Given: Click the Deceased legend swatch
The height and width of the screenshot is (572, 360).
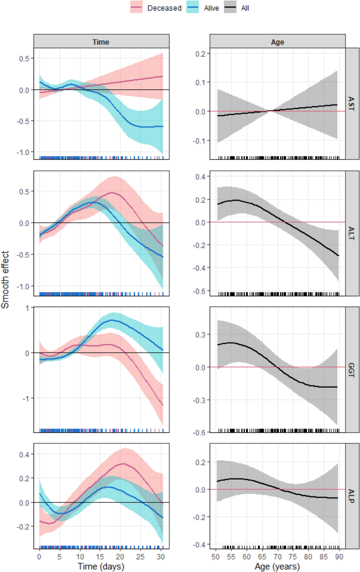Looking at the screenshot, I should [138, 8].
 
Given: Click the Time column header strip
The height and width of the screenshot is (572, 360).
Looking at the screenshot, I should [101, 41].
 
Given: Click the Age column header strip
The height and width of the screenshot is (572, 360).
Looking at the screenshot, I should [277, 41].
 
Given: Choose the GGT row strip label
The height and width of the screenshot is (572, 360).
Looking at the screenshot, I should [352, 367].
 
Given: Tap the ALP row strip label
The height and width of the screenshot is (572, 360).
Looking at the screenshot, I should [352, 496].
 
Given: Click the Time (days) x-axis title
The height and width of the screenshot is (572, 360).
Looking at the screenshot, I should [101, 566].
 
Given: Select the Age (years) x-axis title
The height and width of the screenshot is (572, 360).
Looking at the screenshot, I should [277, 566].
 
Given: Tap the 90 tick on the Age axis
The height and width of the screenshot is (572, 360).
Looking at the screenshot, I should [339, 556].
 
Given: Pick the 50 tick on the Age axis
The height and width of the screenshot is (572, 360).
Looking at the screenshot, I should [216, 556].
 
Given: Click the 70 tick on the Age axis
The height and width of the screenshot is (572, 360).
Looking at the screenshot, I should [277, 556].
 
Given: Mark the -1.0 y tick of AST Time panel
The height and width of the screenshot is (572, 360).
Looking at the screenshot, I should [23, 152].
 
